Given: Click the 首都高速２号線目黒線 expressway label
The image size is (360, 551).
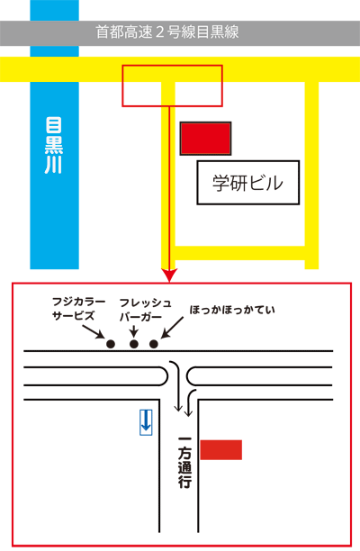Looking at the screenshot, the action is [167, 32].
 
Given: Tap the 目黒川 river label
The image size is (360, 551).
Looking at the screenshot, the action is [54, 146].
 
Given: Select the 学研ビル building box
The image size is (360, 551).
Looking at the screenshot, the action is [248, 183].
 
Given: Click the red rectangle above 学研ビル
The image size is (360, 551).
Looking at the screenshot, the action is [205, 139].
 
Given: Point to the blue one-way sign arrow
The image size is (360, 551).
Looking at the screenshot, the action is [146, 421].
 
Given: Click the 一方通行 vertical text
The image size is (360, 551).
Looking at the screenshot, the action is [185, 463].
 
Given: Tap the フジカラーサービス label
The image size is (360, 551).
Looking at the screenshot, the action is [78, 309].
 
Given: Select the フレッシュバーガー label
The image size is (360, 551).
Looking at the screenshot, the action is [146, 310].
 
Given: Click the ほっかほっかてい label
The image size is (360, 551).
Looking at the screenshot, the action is [232, 310].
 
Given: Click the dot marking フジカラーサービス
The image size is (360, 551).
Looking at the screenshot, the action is [111, 344].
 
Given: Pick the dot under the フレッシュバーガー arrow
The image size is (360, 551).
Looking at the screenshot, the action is [133, 344].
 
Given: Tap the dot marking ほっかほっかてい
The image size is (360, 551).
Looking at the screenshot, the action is [154, 344].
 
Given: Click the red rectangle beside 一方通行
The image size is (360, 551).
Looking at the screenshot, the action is [220, 449].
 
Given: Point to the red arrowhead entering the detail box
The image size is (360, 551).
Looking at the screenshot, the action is [169, 275].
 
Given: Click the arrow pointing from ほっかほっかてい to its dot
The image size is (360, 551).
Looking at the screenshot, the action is [172, 328].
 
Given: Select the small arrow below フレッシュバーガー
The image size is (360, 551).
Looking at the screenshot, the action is [133, 331].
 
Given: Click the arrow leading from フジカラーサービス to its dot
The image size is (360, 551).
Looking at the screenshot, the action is [94, 331].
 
